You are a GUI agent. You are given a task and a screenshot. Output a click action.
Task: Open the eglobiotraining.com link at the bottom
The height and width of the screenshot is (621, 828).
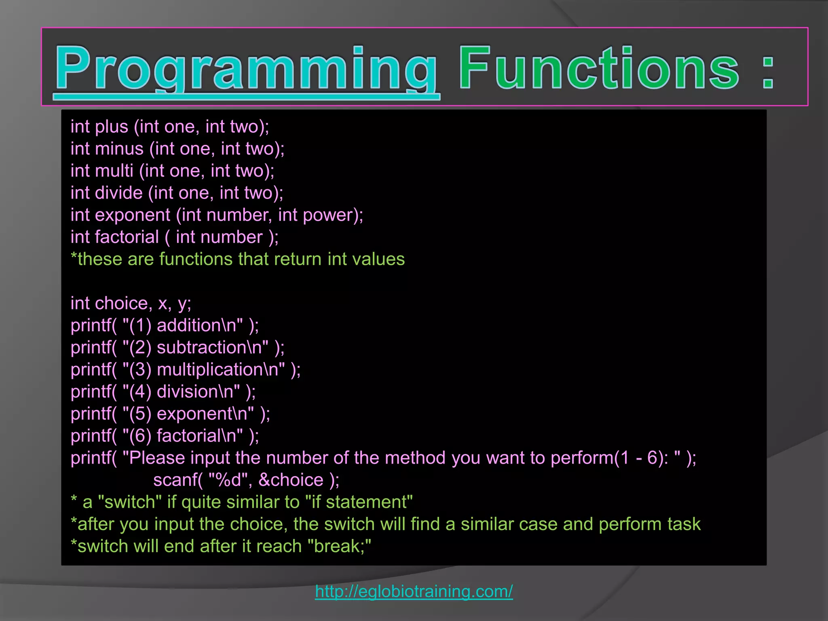click(414, 591)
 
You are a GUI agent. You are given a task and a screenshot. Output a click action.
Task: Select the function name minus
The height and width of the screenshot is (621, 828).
click(119, 149)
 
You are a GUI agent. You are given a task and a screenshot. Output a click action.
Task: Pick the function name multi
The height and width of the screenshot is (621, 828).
click(114, 171)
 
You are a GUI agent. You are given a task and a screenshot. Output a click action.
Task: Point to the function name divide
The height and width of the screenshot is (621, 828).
click(118, 193)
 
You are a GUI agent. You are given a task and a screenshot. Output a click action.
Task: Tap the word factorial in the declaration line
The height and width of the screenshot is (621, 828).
click(127, 237)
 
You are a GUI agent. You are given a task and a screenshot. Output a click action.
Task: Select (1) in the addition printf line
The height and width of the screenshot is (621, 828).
click(140, 325)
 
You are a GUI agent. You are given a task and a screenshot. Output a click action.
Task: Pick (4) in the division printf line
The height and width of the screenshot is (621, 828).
click(140, 392)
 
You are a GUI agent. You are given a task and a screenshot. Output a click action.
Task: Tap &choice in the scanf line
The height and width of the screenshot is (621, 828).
click(291, 480)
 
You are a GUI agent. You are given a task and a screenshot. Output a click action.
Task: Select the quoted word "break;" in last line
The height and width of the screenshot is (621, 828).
click(339, 546)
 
